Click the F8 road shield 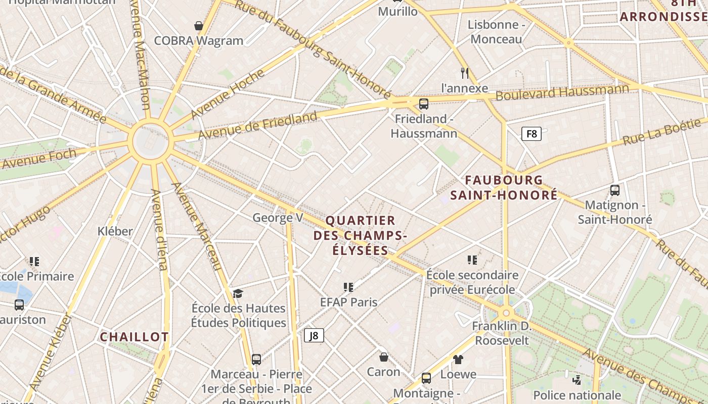click(532, 134)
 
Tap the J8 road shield click(314, 335)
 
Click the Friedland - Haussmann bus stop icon click(424, 104)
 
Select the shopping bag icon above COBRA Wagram click(199, 25)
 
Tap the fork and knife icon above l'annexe click(465, 73)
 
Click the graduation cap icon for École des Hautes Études click(238, 293)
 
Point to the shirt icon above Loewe click(458, 360)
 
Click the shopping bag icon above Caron click(384, 357)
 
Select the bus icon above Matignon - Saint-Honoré click(615, 190)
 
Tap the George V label click(278, 218)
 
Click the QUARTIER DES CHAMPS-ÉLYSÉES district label click(360, 235)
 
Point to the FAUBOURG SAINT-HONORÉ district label click(504, 187)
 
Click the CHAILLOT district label click(134, 337)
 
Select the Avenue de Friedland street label click(258, 126)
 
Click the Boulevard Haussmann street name click(562, 92)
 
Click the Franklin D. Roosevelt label click(502, 333)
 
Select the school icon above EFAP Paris click(348, 287)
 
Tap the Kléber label click(115, 231)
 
